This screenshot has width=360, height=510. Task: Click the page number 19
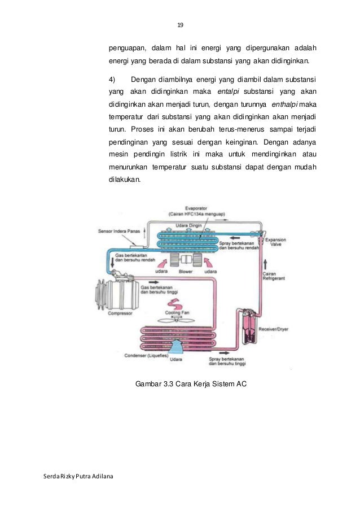tap(180, 25)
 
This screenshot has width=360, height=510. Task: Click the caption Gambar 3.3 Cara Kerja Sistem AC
tap(191, 385)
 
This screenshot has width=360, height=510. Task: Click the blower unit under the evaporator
tap(186, 261)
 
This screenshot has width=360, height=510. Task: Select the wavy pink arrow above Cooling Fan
tap(173, 303)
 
